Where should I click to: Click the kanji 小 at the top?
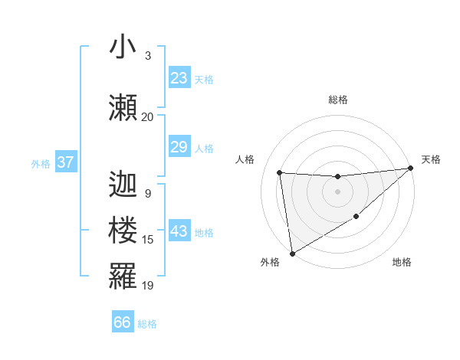click(x=123, y=47)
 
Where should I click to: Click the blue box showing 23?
click(x=179, y=78)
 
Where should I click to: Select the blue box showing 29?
click(x=179, y=147)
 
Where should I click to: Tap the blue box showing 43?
click(x=179, y=232)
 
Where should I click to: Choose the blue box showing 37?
click(x=65, y=162)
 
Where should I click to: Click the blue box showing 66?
click(x=123, y=322)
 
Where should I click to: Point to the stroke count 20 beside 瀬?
click(x=147, y=116)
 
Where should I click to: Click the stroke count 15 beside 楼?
click(x=148, y=240)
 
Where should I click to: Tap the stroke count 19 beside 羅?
click(x=148, y=285)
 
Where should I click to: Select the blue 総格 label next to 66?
click(x=147, y=324)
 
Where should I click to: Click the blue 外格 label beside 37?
click(x=40, y=163)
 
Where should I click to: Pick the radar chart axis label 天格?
click(x=431, y=159)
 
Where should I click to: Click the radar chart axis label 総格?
click(x=337, y=100)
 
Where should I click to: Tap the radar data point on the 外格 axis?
click(x=291, y=252)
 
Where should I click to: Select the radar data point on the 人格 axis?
click(x=280, y=172)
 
